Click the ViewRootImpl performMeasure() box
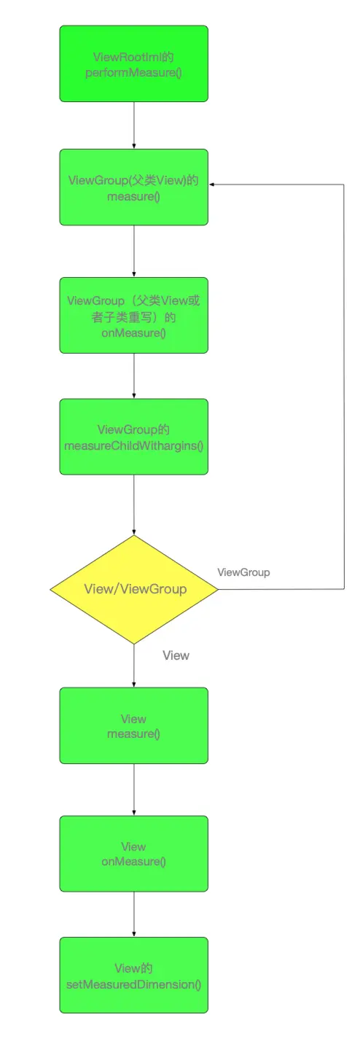pos(133,63)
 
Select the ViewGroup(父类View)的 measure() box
pos(133,187)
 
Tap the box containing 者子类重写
pos(133,316)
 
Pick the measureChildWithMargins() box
pos(133,437)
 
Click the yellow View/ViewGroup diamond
pos(134,590)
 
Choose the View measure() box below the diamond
pos(133,725)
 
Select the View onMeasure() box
pos(133,854)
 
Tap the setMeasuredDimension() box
pos(133,975)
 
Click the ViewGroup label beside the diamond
pos(243,572)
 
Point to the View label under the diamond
pos(176,655)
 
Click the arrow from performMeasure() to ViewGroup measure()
pos(134,125)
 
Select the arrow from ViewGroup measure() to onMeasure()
pos(134,252)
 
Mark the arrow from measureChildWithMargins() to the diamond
pos(134,505)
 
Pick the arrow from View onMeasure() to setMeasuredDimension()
pos(134,914)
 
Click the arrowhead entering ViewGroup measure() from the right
pos(211,184)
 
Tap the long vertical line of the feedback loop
pos(344,387)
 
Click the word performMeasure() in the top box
pos(133,73)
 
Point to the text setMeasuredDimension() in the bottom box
pos(133,984)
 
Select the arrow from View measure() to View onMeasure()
pos(134,790)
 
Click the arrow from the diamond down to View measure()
pos(134,666)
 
